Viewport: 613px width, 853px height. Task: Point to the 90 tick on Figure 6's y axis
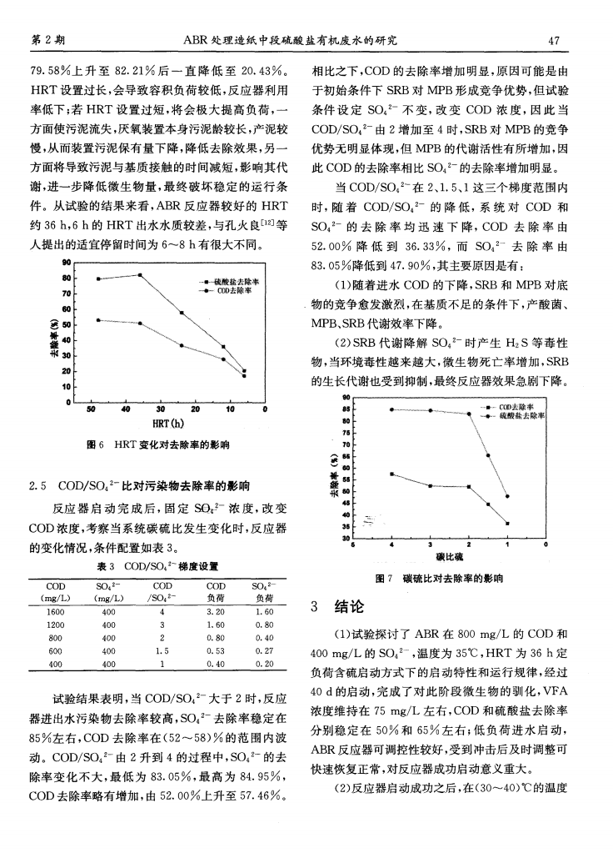pyautogui.click(x=64, y=263)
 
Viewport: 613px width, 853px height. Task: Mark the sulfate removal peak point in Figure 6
pyautogui.click(x=141, y=274)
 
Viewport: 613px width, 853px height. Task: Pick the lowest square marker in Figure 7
pyautogui.click(x=507, y=523)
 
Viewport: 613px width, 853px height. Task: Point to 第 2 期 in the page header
pyautogui.click(x=48, y=39)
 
